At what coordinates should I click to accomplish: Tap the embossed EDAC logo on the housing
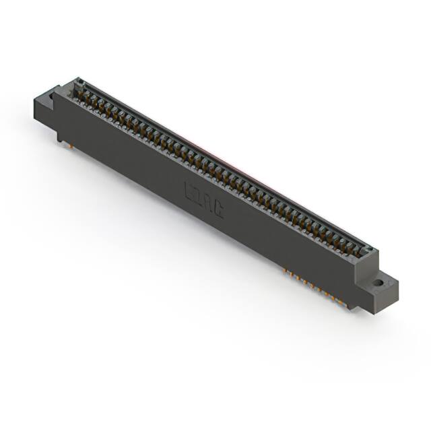point(204,201)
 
